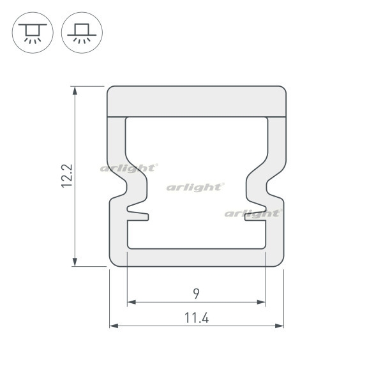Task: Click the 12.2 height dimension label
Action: pos(66,176)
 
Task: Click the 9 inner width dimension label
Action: pos(196,294)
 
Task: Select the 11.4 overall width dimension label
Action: pos(197,318)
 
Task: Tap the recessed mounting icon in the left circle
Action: pos(33,33)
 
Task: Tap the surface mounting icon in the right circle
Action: pos(82,33)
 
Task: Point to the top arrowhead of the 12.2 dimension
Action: pos(75,91)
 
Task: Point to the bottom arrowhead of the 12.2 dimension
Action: pos(75,262)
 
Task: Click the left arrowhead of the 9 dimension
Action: pos(131,302)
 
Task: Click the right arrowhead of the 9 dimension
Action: pos(261,302)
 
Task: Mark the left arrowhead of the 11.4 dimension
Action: pos(114,326)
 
